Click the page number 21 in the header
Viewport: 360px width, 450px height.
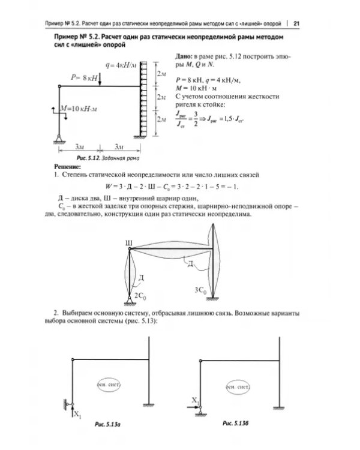click(x=296, y=23)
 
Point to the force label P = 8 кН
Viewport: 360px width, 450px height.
click(x=83, y=78)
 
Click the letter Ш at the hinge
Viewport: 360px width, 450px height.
click(x=128, y=243)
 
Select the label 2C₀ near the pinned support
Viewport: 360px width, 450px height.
click(x=140, y=295)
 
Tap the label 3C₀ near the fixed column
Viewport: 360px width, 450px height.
click(x=200, y=291)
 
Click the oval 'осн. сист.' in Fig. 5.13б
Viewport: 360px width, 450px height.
click(x=238, y=388)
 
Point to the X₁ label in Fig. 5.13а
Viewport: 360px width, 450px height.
click(x=77, y=413)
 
